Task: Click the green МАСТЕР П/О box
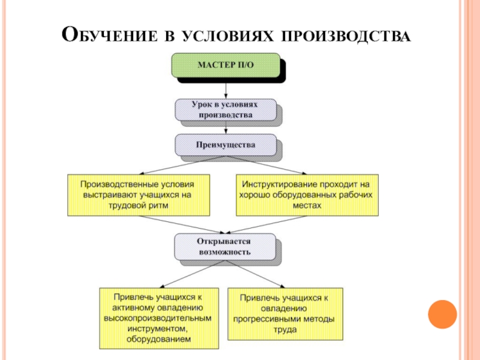pyautogui.click(x=226, y=65)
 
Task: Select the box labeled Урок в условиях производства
pyautogui.click(x=226, y=109)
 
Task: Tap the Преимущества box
pyautogui.click(x=226, y=145)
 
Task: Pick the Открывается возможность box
pyautogui.click(x=226, y=246)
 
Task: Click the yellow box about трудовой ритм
pyautogui.click(x=139, y=195)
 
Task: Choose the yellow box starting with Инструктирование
pyautogui.click(x=307, y=195)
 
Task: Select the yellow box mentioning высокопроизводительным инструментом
pyautogui.click(x=158, y=318)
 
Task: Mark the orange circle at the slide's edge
pyautogui.click(x=443, y=314)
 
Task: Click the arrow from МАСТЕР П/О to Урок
pyautogui.click(x=226, y=89)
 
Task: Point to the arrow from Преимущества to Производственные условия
pyautogui.click(x=180, y=165)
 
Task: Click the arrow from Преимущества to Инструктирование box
pyautogui.click(x=270, y=165)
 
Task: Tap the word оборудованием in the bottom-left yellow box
pyautogui.click(x=158, y=339)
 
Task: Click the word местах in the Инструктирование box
pyautogui.click(x=307, y=205)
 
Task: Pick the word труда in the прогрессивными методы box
pyautogui.click(x=286, y=329)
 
